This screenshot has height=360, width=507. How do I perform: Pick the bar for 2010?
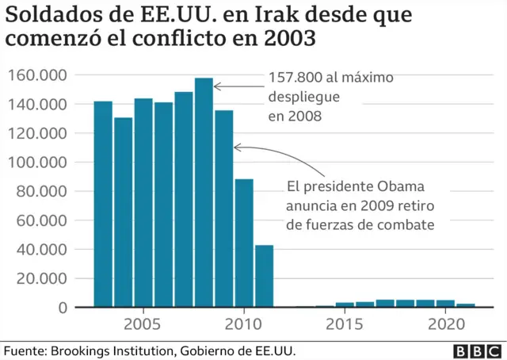[244, 243]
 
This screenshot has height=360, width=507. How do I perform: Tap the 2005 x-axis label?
[143, 324]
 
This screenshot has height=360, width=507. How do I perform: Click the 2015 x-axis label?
[345, 324]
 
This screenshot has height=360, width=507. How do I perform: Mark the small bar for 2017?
[385, 303]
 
